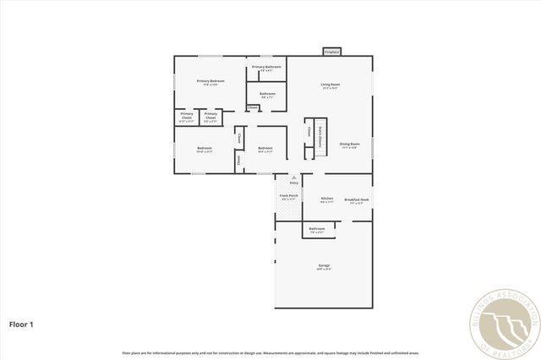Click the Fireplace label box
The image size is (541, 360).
click(x=331, y=52)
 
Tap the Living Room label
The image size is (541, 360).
click(x=330, y=85)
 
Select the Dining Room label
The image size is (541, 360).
click(x=350, y=145)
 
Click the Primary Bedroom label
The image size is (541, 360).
click(x=210, y=82)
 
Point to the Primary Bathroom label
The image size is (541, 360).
click(x=266, y=68)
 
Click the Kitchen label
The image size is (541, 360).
click(x=327, y=200)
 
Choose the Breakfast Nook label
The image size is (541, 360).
click(x=357, y=200)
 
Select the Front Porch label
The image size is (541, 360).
click(x=289, y=197)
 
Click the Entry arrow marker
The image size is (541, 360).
click(x=294, y=178)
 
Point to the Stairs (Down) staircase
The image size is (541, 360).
click(x=320, y=135)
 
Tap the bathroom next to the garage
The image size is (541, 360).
click(x=317, y=230)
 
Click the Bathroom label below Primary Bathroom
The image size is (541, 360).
click(x=267, y=94)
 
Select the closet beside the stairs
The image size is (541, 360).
click(x=309, y=132)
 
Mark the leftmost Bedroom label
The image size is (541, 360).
click(x=204, y=149)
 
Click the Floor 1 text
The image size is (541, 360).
click(x=22, y=324)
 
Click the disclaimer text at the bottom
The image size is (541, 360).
click(x=270, y=352)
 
